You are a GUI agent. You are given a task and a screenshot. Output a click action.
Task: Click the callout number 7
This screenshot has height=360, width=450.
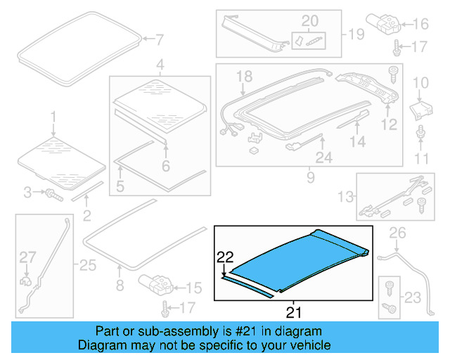(x=159, y=39)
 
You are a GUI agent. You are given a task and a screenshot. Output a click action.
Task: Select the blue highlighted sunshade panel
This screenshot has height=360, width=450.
(x=295, y=261)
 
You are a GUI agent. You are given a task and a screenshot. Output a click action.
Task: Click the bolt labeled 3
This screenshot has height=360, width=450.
(x=53, y=192)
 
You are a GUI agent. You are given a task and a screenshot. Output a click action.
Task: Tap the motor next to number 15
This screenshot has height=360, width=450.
(x=155, y=285)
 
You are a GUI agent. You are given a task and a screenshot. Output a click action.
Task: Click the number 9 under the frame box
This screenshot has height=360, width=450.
(x=310, y=178)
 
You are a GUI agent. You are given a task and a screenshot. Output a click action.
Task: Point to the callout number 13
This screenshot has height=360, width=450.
(x=344, y=195)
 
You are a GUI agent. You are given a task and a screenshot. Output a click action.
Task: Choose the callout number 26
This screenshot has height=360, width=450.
(x=398, y=232)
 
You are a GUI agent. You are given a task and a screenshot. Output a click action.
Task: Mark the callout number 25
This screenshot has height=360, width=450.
(x=87, y=266)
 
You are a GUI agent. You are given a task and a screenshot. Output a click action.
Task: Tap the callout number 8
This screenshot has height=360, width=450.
(x=120, y=285)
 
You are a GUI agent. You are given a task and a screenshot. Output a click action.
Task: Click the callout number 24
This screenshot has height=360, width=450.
(x=323, y=159)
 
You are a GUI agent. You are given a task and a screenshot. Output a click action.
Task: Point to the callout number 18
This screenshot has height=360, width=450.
(x=243, y=76)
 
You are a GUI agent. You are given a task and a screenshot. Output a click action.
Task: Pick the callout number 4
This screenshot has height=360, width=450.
(x=160, y=66)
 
